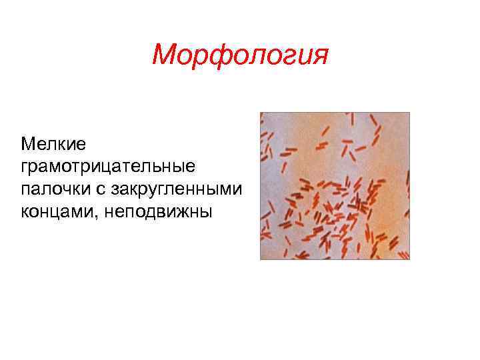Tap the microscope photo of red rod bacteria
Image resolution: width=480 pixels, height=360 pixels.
click(335, 185)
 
